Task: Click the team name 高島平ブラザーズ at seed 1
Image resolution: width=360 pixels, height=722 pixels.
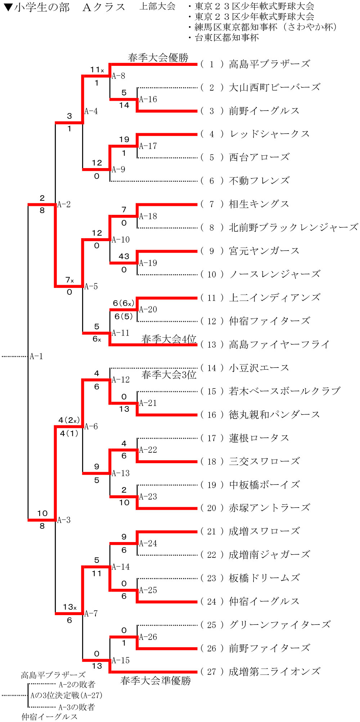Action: click(269, 64)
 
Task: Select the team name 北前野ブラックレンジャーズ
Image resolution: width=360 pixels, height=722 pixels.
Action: click(293, 227)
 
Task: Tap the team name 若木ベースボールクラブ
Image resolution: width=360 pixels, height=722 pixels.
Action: click(284, 391)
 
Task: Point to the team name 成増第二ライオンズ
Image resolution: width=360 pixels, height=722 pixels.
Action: click(274, 672)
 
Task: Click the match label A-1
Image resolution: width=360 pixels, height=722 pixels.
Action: click(36, 356)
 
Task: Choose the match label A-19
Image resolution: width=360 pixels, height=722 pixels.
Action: click(148, 263)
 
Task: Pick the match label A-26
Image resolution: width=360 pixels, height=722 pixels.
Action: click(148, 637)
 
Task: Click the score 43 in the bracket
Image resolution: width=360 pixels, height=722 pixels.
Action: click(124, 256)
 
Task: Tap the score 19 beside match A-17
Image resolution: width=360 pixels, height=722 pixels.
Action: click(124, 139)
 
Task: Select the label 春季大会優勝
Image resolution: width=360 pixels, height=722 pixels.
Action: click(158, 58)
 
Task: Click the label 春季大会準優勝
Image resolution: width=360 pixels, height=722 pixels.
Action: click(156, 681)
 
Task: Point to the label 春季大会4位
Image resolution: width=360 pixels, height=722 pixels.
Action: click(168, 339)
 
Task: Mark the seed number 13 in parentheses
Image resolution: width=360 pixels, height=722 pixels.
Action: click(212, 345)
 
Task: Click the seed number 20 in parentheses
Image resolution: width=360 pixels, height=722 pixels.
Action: click(212, 508)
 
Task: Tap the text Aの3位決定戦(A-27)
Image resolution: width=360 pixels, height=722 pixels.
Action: click(66, 695)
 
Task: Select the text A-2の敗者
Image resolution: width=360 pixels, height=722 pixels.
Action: click(77, 684)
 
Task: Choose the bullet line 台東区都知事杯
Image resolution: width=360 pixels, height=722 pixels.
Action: click(226, 37)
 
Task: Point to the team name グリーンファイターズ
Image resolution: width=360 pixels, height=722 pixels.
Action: click(279, 625)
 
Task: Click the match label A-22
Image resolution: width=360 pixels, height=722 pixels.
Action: click(148, 450)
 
